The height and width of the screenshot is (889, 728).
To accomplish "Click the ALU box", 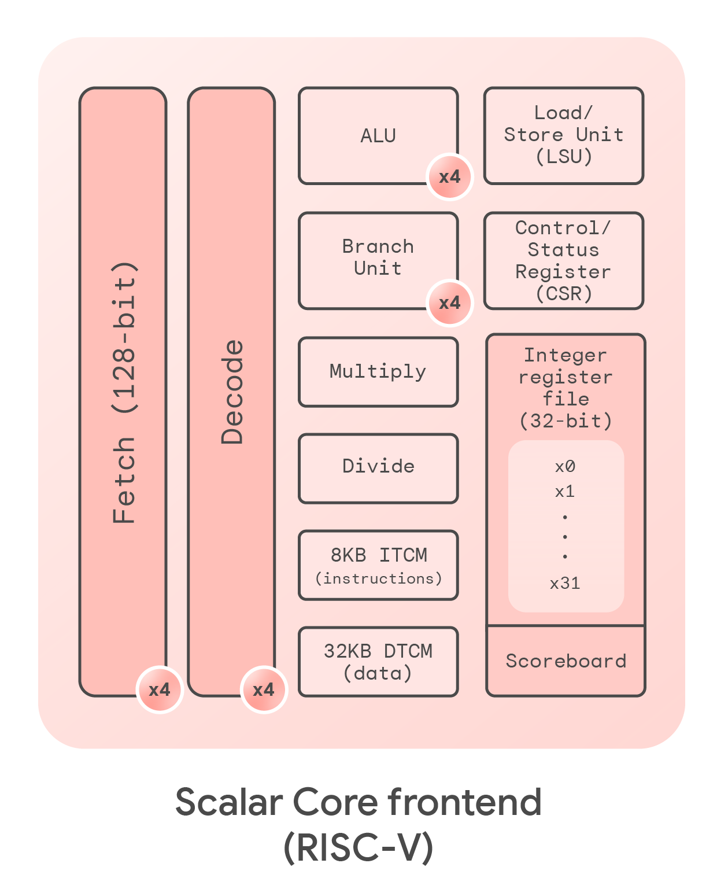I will coord(378,135).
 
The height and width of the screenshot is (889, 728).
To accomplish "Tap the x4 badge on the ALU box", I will coord(449,177).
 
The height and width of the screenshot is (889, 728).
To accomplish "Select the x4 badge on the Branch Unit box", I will coord(449,303).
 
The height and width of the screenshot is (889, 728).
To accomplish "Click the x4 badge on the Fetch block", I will coord(160,689).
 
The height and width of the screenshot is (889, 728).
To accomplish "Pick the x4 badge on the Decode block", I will coord(264,689).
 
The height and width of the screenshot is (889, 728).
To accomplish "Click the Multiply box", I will coord(378,372).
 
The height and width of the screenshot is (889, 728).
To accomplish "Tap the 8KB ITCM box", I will coord(378,565).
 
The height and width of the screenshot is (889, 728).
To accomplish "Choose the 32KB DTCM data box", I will coord(378,661).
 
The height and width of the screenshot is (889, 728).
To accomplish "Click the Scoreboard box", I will coord(566,661).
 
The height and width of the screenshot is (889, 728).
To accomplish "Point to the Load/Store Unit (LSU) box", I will coord(564,135).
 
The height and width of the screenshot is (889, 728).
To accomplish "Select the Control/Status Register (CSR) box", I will coord(564,261).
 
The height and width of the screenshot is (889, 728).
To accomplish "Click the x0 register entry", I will coord(565,467).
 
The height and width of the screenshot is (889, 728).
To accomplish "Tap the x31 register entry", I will coord(565,583).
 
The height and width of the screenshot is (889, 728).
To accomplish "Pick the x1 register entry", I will coord(565,492).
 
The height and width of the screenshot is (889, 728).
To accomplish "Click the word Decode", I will coord(232,392).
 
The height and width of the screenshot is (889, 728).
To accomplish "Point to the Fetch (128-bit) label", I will coord(124,393).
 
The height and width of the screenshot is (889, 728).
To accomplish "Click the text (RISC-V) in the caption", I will coord(359,848).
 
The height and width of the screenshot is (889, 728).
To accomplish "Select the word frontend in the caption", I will coord(464,802).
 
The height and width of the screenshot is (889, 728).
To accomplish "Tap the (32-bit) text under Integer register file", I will coord(566,420).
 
